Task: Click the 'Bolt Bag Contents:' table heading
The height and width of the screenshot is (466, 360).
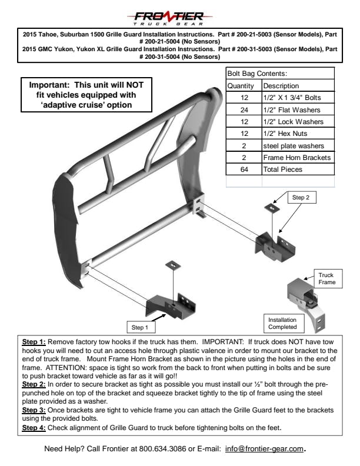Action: click(x=256, y=74)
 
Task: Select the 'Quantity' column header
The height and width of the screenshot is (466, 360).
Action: click(x=240, y=86)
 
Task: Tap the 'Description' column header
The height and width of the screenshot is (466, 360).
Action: click(x=281, y=86)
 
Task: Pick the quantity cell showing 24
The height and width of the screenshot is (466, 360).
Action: click(x=244, y=109)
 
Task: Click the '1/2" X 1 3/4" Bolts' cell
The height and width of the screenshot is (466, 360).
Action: click(x=292, y=97)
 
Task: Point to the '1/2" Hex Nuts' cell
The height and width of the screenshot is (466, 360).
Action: click(x=286, y=134)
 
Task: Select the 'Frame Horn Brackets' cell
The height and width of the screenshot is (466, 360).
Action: click(x=297, y=157)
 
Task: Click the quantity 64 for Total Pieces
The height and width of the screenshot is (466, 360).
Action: click(x=244, y=169)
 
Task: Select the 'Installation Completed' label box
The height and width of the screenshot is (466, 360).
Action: click(x=283, y=323)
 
